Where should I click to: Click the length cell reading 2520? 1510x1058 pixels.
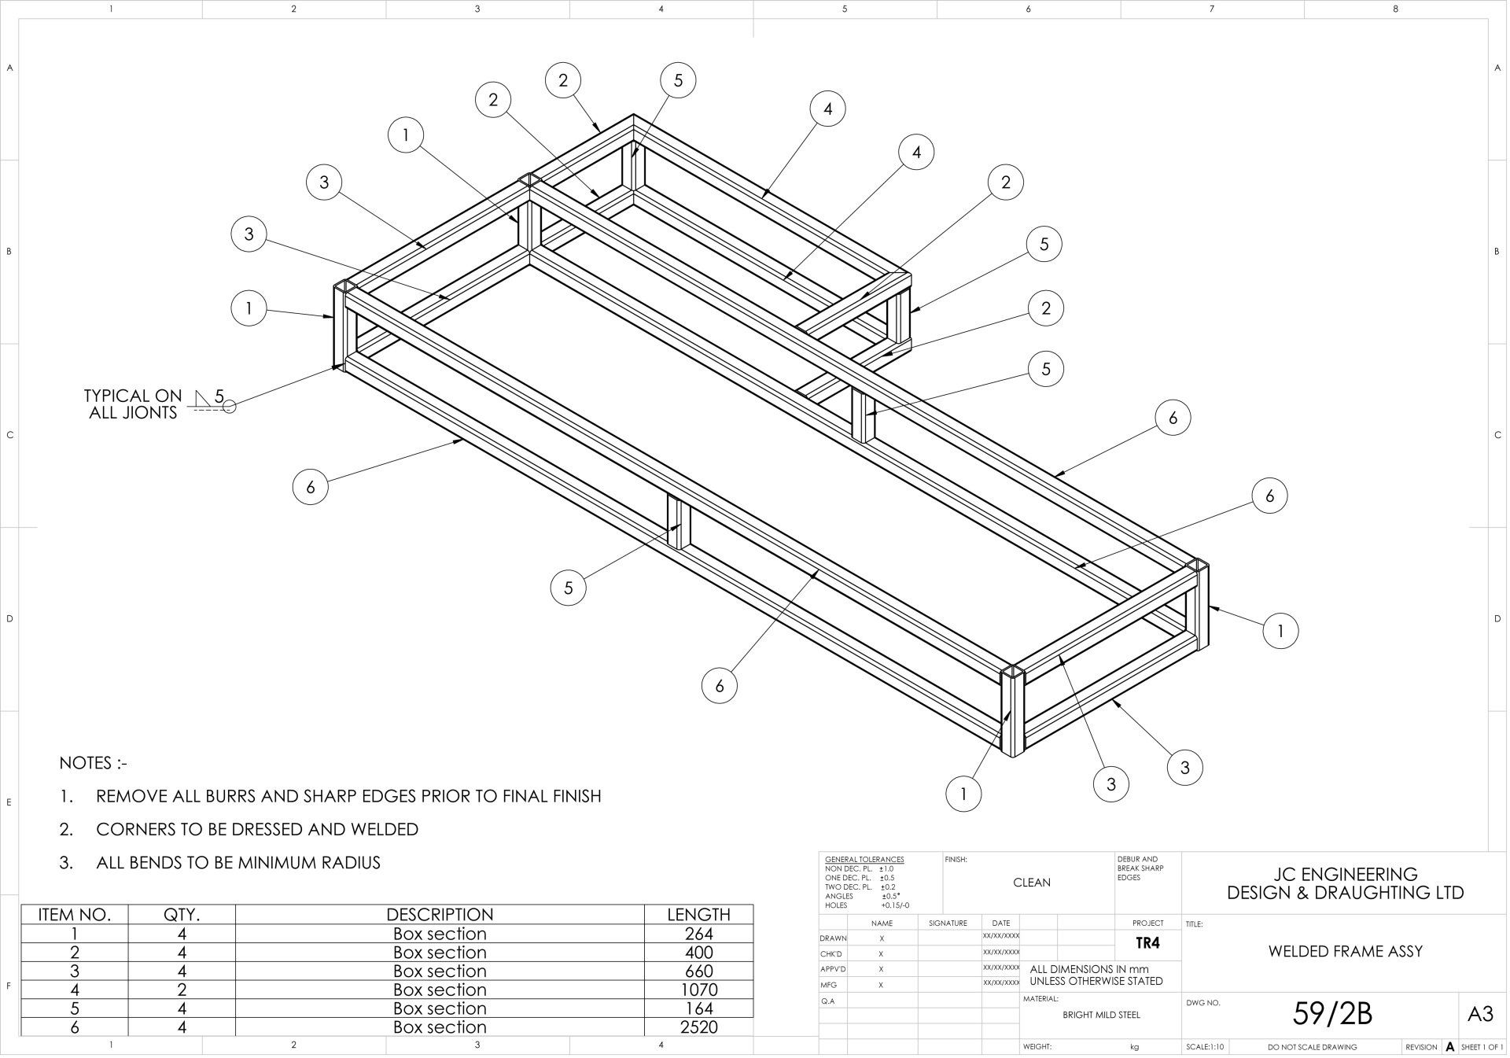pyautogui.click(x=698, y=1027)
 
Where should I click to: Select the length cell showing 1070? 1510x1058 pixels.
pyautogui.click(x=698, y=990)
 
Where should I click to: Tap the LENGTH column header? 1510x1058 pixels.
pyautogui.click(x=698, y=914)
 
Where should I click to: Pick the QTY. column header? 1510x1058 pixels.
pyautogui.click(x=182, y=914)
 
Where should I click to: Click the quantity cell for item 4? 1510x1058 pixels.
pyautogui.click(x=182, y=990)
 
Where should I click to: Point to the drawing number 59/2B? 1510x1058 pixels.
pyautogui.click(x=1332, y=1014)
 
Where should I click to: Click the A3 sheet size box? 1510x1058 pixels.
pyautogui.click(x=1480, y=1014)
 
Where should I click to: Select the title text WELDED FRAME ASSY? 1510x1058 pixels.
pyautogui.click(x=1345, y=951)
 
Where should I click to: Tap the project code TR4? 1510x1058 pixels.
pyautogui.click(x=1147, y=943)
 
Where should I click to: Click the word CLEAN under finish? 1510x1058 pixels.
pyautogui.click(x=1031, y=883)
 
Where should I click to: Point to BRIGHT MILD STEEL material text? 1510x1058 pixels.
pyautogui.click(x=1101, y=1014)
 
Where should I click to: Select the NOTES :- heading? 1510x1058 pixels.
pyautogui.click(x=93, y=763)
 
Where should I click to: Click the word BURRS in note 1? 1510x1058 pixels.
pyautogui.click(x=224, y=796)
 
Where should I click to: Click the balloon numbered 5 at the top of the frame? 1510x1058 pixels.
pyautogui.click(x=678, y=80)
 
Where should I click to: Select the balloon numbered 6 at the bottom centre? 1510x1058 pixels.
pyautogui.click(x=719, y=686)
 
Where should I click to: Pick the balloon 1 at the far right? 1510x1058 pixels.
pyautogui.click(x=1280, y=630)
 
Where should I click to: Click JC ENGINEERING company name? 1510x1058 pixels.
pyautogui.click(x=1345, y=874)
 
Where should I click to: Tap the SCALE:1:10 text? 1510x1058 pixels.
pyautogui.click(x=1206, y=1047)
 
